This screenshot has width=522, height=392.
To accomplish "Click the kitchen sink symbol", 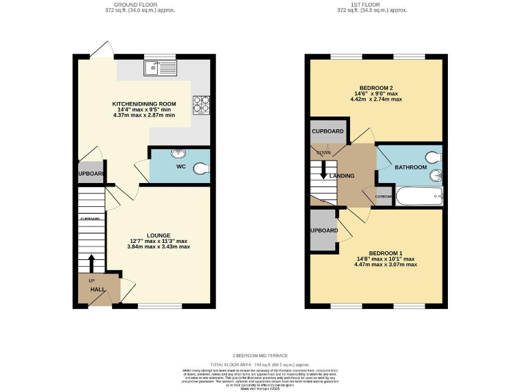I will coord(160,67).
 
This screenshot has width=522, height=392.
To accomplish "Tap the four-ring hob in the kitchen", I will coord(201,104).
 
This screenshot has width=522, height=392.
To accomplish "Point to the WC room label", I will coord(181,166).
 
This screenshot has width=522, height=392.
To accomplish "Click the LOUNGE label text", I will coord(158,235).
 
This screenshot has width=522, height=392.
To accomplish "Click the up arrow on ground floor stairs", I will coord(90,262).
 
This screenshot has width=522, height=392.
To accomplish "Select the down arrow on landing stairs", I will coord(324,171).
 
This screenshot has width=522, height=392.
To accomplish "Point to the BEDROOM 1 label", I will coord(376,252).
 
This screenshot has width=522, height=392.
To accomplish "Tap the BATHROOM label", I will coord(411,167).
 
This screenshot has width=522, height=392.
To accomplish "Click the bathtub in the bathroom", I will coord(419,197).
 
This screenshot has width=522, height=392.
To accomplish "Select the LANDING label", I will coord(341,176).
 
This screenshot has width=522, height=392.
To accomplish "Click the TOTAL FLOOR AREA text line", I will coord(261,365).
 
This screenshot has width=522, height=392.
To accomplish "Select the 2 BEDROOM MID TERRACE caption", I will coord(261,355).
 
